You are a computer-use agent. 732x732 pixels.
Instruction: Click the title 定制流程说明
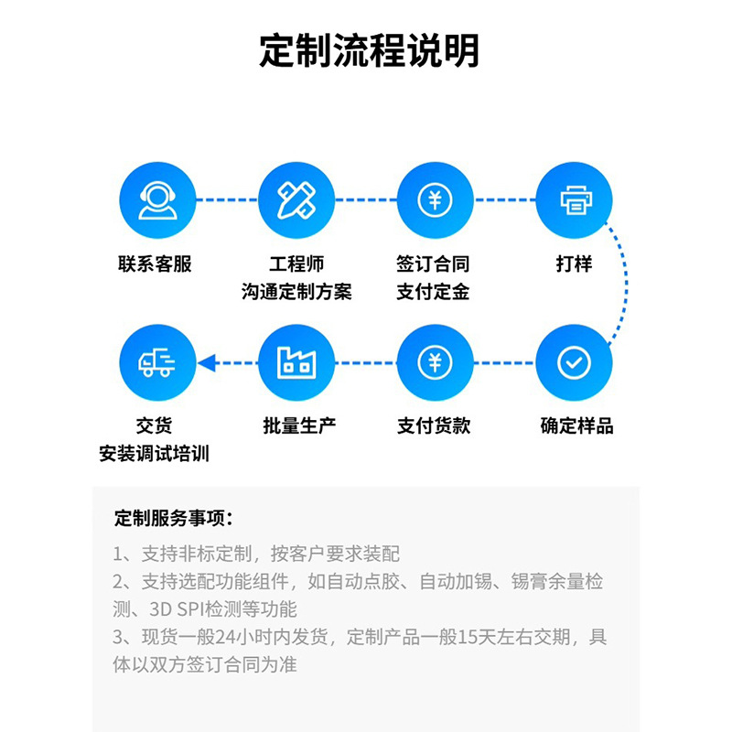pyautogui.click(x=369, y=51)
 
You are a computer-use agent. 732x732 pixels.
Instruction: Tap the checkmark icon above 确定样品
pyautogui.click(x=574, y=362)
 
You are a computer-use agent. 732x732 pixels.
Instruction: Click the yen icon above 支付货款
pyautogui.click(x=435, y=362)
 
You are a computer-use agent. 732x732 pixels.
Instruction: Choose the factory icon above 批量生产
pyautogui.click(x=296, y=362)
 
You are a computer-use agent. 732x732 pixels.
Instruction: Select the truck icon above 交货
pyautogui.click(x=156, y=362)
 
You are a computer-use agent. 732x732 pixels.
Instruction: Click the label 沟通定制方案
pyautogui.click(x=296, y=292)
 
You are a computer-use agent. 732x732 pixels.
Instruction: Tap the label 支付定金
pyautogui.click(x=434, y=292)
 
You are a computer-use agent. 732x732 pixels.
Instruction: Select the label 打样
pyautogui.click(x=574, y=264)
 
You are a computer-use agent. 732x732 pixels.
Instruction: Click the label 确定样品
pyautogui.click(x=576, y=425)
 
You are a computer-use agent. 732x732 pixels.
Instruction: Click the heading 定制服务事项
pyautogui.click(x=173, y=518)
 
